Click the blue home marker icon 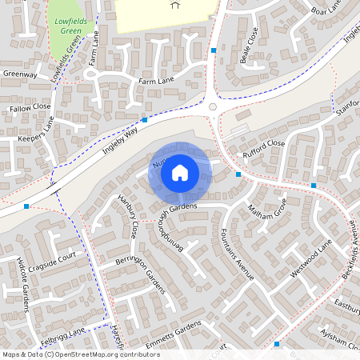click(x=180, y=172)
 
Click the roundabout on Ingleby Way click(x=213, y=106)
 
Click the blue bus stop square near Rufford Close click(x=238, y=174)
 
